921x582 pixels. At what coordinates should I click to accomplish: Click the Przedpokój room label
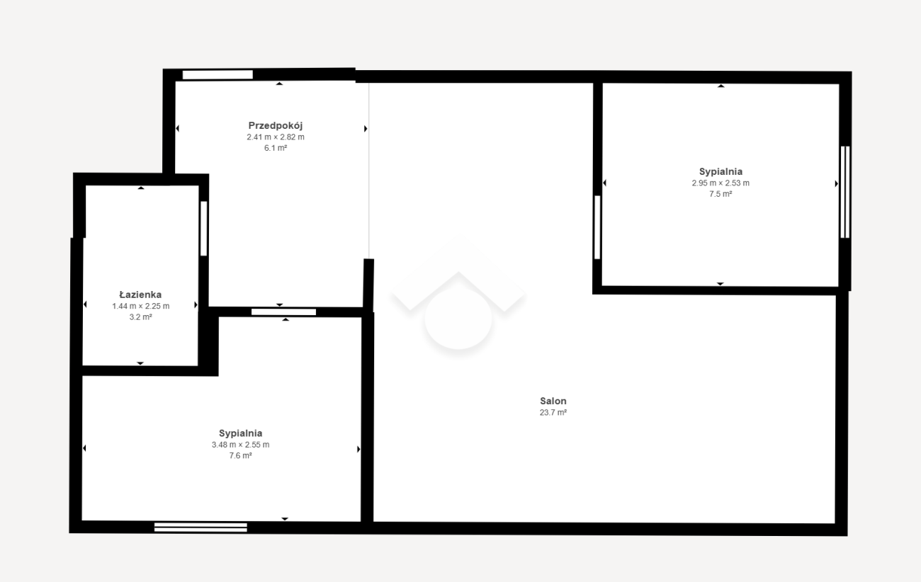[276, 125]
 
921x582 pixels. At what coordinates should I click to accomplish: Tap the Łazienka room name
[140, 295]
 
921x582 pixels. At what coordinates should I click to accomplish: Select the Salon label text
[553, 401]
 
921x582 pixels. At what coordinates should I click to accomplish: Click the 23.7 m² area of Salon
[553, 412]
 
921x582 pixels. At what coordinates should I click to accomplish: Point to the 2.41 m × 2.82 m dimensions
[276, 137]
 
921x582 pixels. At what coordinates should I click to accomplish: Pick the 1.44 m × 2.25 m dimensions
[140, 306]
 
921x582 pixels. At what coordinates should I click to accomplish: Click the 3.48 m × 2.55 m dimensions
[241, 445]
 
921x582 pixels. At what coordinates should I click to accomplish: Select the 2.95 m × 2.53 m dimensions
[721, 183]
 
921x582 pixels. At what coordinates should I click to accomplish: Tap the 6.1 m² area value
[276, 148]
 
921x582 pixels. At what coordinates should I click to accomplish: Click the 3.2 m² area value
[140, 317]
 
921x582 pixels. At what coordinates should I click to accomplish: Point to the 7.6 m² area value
[241, 455]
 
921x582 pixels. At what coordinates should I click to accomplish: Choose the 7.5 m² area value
[721, 194]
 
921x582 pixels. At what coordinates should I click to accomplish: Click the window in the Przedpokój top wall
[217, 75]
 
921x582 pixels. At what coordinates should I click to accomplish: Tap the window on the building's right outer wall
[845, 192]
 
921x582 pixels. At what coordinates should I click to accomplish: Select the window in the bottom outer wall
[200, 527]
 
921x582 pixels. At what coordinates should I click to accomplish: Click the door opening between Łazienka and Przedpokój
[203, 229]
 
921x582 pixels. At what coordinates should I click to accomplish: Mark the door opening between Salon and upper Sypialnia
[597, 227]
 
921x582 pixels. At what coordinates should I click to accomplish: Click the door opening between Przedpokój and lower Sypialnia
[283, 312]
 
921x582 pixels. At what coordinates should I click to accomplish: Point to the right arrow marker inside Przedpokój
[366, 129]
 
